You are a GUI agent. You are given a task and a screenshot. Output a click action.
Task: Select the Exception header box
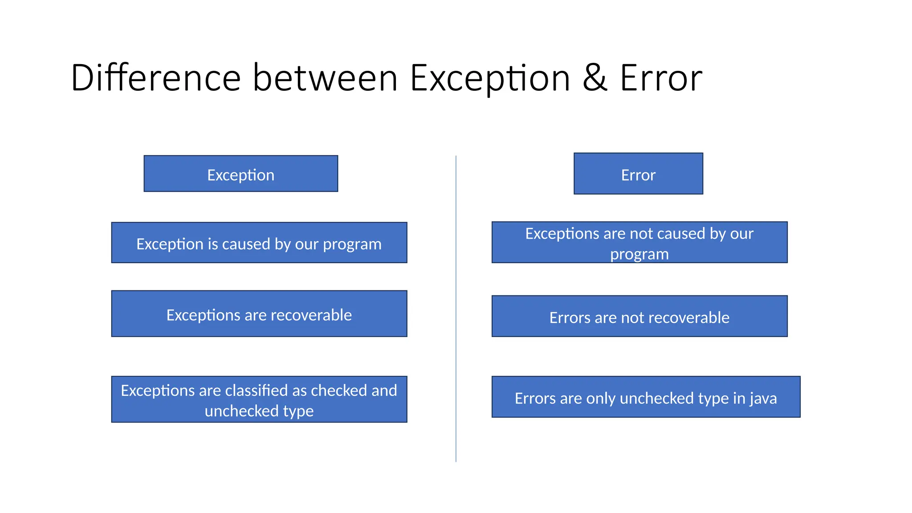[240, 174]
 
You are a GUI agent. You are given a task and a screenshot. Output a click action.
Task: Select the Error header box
[638, 174]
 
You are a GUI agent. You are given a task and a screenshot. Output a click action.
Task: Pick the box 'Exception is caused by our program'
[259, 243]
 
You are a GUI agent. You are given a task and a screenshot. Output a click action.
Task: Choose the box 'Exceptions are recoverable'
[259, 314]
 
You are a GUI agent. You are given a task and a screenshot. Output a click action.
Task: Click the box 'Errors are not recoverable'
[639, 317]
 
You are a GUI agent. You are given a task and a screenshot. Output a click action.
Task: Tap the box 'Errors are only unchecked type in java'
[646, 397]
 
